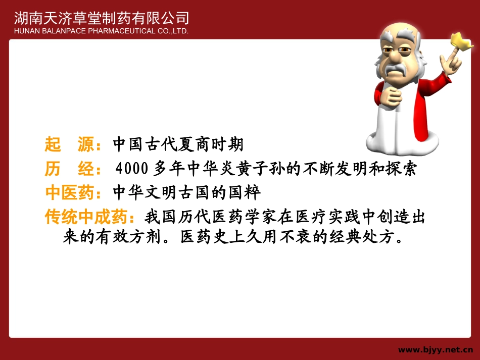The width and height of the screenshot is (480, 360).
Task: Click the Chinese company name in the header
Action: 102,18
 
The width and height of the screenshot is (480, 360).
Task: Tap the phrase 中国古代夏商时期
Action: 178,145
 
